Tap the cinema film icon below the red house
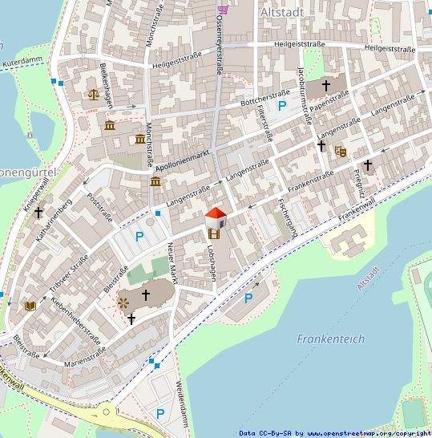pyautogui.click(x=213, y=233)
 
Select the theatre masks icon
pyautogui.click(x=341, y=151)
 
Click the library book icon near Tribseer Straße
pyautogui.click(x=31, y=306)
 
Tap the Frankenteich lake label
pyautogui.click(x=330, y=339)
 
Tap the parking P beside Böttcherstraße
pyautogui.click(x=281, y=105)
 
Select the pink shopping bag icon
pyautogui.click(x=223, y=10)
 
